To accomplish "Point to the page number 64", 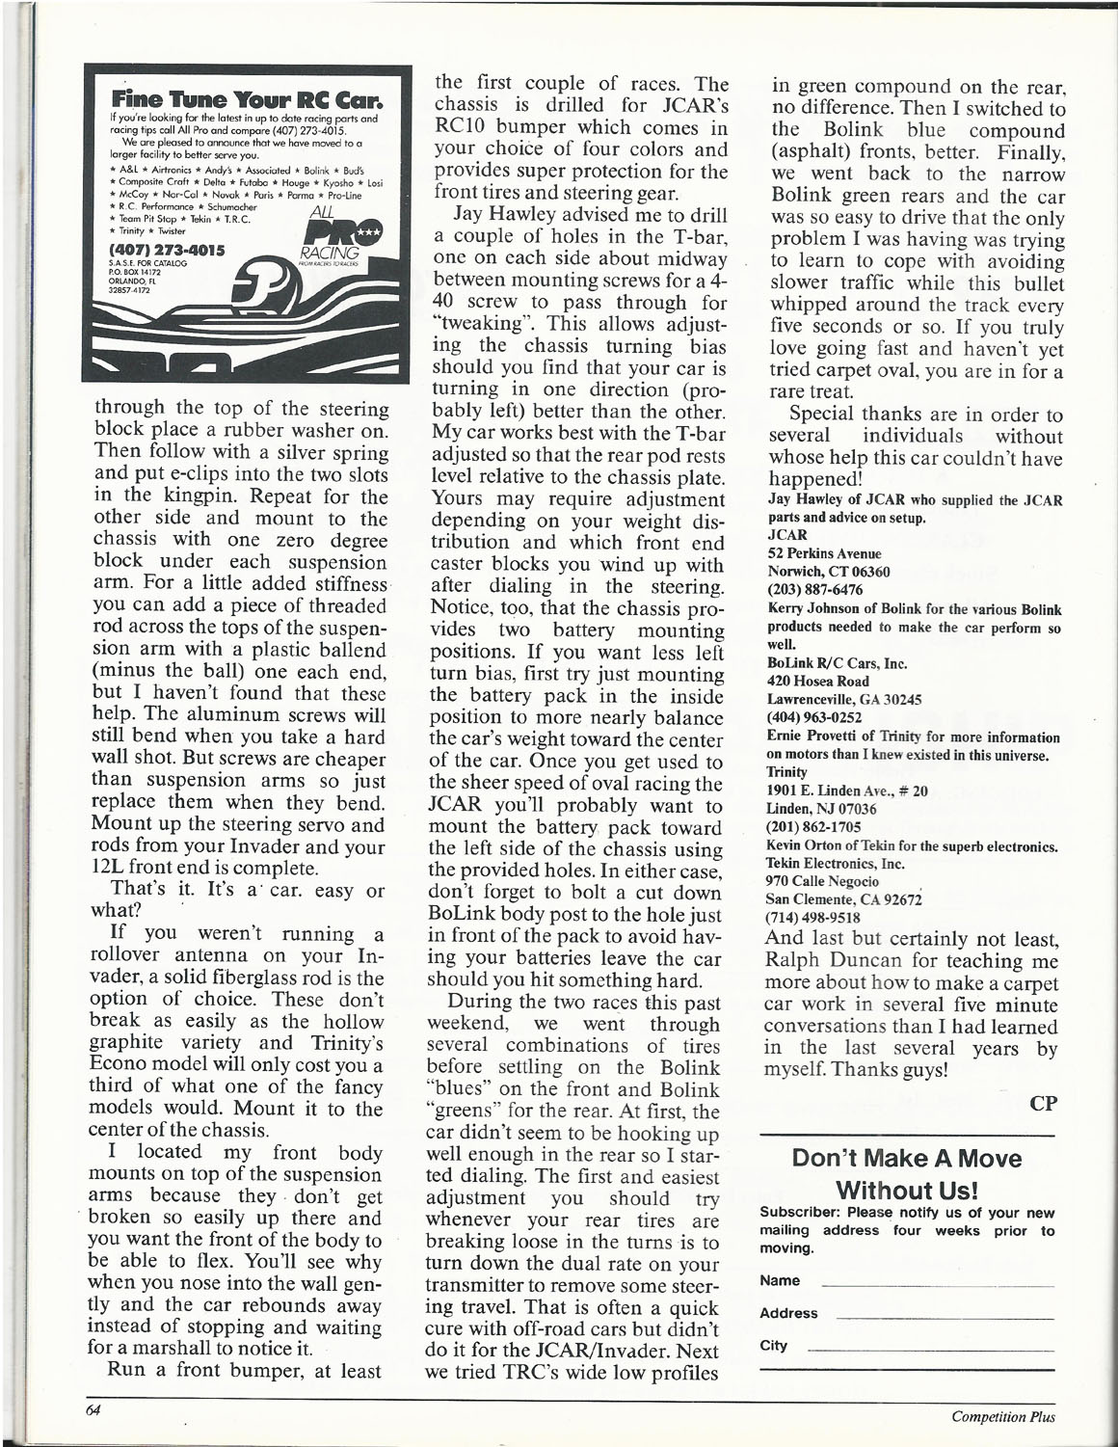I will [93, 1409].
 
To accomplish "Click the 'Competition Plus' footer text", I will [1002, 1416].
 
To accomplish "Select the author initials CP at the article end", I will [1044, 1105].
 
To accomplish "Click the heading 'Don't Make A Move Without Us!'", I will [906, 1173].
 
